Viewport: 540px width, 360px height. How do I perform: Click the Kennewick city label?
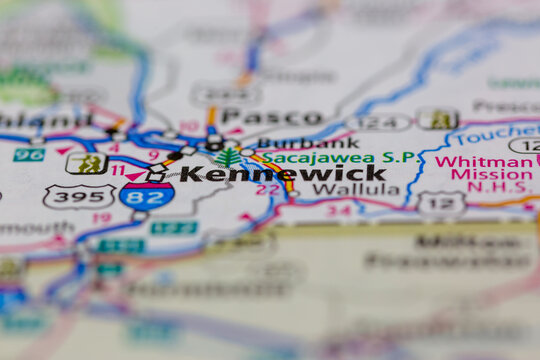(282, 173)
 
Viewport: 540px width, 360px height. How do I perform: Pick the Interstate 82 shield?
(147, 195)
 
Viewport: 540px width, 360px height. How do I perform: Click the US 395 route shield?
(78, 196)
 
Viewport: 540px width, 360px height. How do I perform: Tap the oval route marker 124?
(379, 122)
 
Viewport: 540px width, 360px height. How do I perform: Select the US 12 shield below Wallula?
(441, 202)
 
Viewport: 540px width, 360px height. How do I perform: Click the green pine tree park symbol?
(228, 158)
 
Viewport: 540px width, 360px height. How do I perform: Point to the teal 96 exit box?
(29, 154)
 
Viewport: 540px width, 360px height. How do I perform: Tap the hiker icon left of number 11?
(87, 163)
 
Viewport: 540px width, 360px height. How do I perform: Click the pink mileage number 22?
(267, 189)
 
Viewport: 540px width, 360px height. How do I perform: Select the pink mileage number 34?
(339, 210)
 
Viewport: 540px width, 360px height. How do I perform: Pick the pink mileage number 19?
(101, 217)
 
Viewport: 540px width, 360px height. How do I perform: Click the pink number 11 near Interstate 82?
(118, 170)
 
